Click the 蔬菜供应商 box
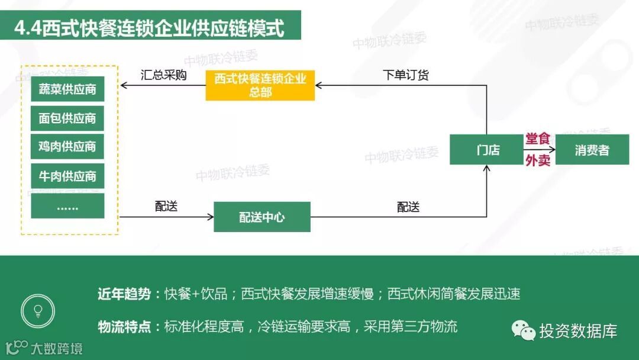[x=67, y=89]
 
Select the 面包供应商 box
[x=67, y=118]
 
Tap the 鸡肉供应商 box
[x=67, y=146]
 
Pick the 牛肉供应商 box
[x=67, y=176]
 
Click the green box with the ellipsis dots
[x=67, y=206]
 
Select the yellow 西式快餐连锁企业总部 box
[x=260, y=86]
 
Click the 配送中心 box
[x=262, y=217]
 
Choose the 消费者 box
[x=592, y=150]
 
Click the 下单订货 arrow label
[x=406, y=75]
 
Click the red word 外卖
[x=538, y=160]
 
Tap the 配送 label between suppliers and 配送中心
[x=166, y=206]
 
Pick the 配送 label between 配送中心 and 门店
[x=408, y=207]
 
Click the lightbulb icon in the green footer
[x=38, y=310]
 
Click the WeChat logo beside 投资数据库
[x=523, y=330]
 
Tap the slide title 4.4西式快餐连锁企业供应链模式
[x=150, y=28]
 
